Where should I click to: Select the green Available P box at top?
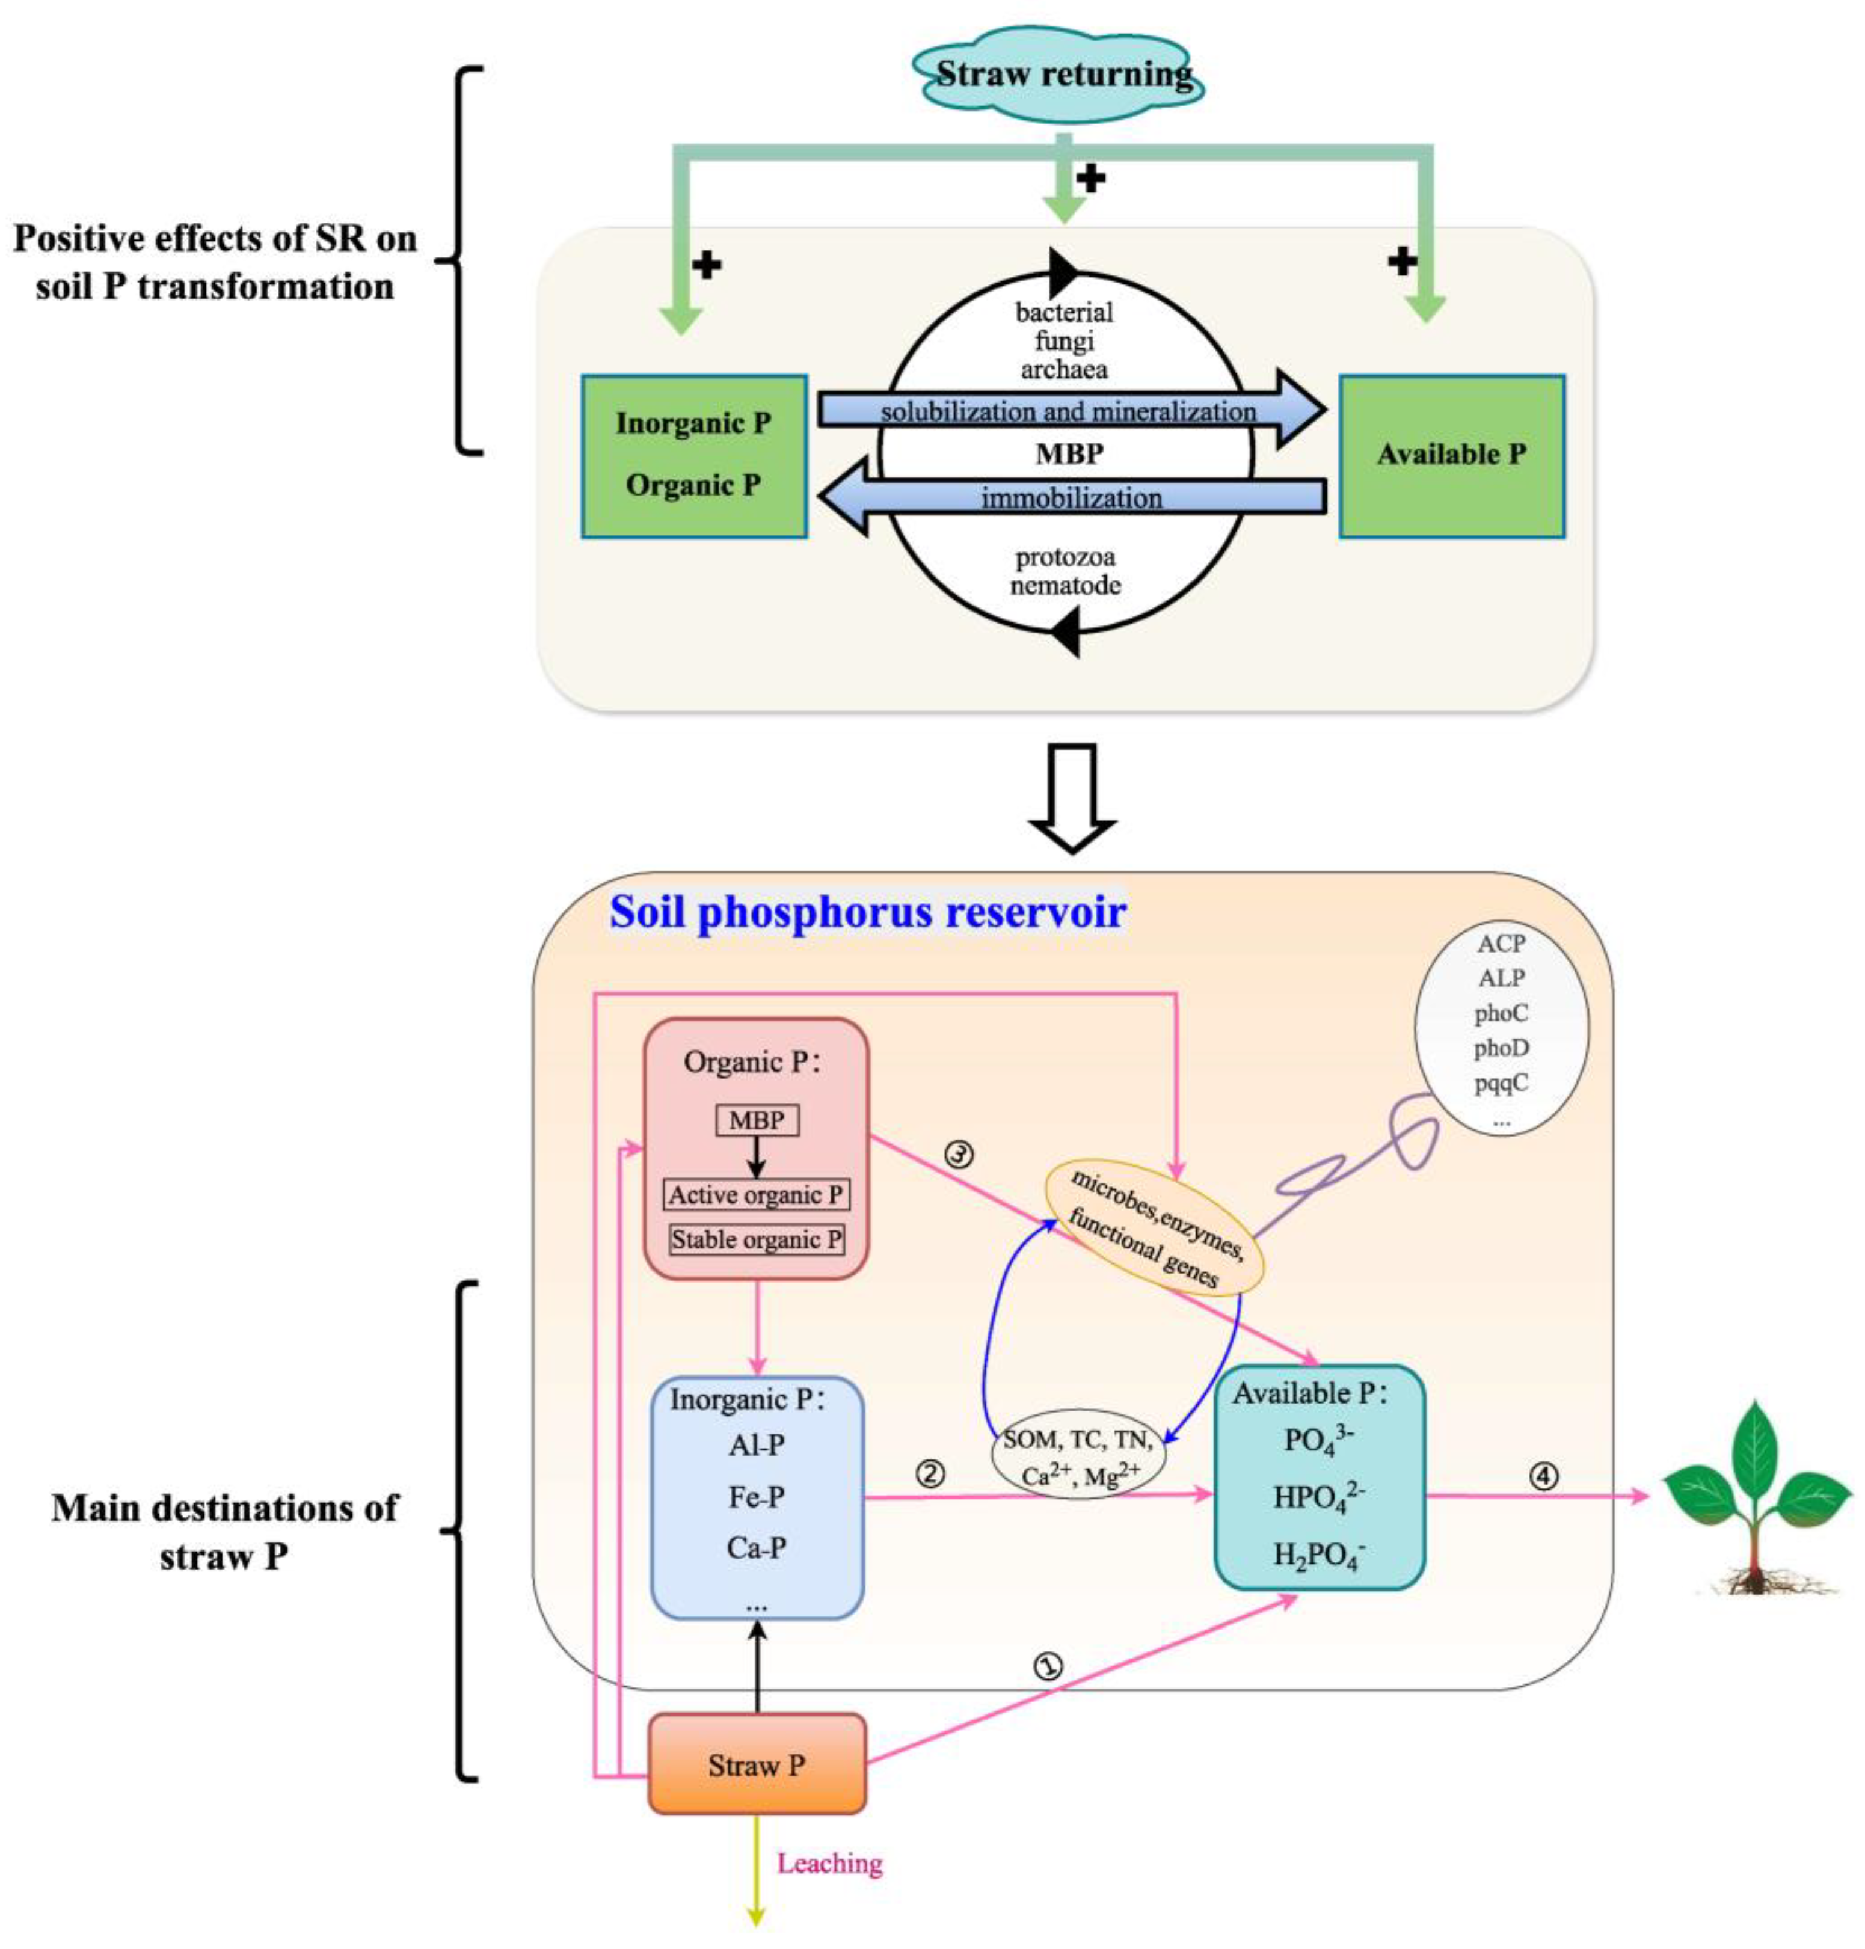[1451, 455]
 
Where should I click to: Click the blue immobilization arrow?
[1072, 497]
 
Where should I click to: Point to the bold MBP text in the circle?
[1069, 454]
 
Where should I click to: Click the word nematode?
[1065, 585]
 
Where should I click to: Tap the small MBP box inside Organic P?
[757, 1120]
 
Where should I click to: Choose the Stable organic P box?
[757, 1239]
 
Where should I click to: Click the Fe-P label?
[755, 1497]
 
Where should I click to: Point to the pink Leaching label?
[829, 1862]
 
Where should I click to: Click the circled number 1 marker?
[1049, 1666]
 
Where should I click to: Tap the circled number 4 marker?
[1542, 1477]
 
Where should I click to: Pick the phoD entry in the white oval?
[1500, 1048]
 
